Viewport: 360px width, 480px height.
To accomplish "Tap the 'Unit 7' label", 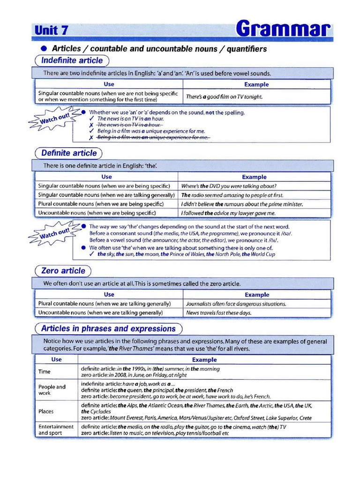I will pos(52,30).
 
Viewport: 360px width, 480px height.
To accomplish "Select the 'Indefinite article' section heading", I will pos(72,60).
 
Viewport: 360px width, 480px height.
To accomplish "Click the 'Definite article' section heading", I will pos(69,153).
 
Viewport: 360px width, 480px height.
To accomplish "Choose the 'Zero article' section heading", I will pos(63,270).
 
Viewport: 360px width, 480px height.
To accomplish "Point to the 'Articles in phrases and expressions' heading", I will pos(108,329).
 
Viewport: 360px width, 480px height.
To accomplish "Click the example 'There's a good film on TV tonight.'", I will pos(224,97).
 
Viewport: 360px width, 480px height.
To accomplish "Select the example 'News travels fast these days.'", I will pos(218,313).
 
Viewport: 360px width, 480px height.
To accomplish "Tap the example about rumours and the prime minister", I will pos(242,204).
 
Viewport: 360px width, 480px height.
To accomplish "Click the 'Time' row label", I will pos(45,371).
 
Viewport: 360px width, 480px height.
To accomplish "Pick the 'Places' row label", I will pos(46,411).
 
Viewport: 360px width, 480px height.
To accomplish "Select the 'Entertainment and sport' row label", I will pos(56,430).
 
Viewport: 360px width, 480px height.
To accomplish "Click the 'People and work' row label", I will pos(52,390).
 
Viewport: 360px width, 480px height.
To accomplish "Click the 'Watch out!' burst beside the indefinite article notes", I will pos(55,118).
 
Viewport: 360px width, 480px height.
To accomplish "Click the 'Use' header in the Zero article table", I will pos(109,295).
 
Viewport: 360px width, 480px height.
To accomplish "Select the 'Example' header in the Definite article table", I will pos(254,177).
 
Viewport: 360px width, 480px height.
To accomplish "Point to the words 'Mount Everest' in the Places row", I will pos(126,418).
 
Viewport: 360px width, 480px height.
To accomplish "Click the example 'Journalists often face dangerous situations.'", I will pos(236,304).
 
